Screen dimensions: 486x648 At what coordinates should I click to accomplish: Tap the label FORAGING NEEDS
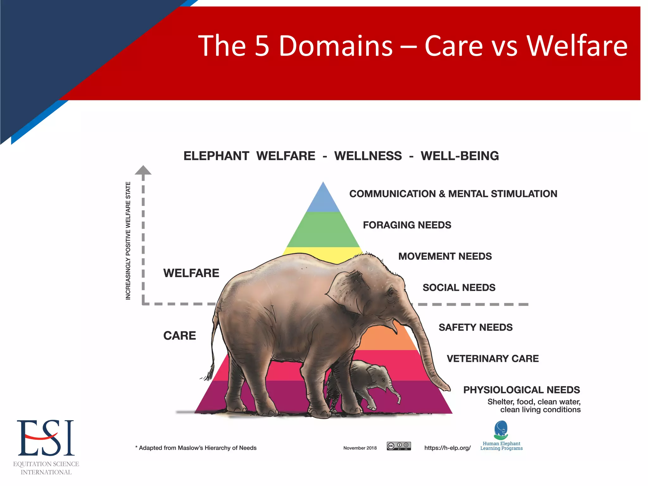407,225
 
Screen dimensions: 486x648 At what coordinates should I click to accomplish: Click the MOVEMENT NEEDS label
445,256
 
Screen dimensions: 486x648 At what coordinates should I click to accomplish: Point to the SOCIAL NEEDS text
459,288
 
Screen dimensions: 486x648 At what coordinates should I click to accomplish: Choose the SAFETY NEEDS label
476,327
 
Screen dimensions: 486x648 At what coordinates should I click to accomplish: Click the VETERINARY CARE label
493,359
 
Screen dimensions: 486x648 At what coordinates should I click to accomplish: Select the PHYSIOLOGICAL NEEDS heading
521,390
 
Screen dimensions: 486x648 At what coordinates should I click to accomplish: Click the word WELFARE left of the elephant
191,273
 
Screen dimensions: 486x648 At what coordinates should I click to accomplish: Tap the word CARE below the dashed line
179,336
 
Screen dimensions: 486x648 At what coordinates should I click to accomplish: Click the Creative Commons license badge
399,446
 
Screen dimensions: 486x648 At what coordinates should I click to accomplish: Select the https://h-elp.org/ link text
447,448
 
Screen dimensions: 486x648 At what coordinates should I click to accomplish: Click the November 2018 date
360,448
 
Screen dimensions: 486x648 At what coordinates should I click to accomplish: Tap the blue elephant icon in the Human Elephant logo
501,429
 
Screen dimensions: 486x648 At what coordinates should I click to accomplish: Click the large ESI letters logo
46,438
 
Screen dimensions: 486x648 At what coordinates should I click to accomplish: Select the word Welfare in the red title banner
577,46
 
